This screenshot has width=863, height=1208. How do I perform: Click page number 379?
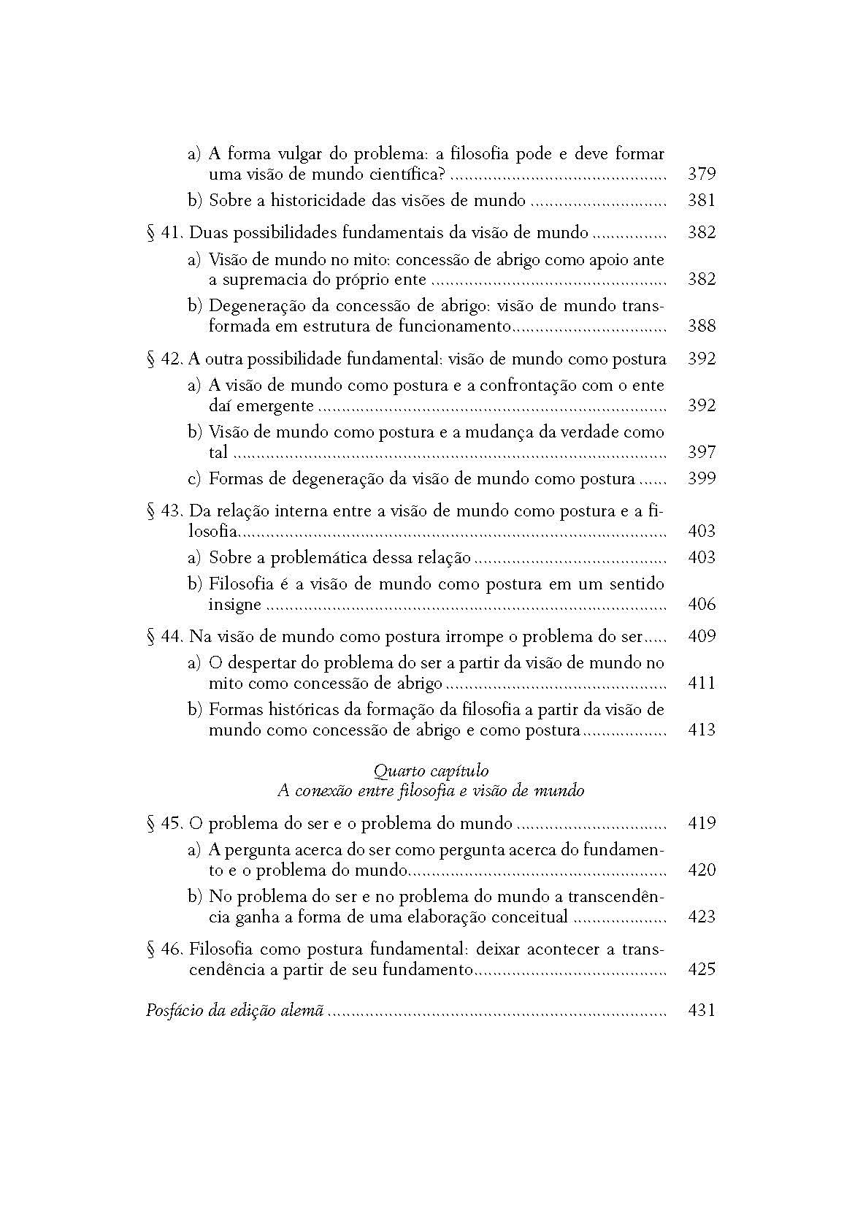701,174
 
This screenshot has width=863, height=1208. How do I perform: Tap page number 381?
701,200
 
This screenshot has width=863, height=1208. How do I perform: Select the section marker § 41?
164,233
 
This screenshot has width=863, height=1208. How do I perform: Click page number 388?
701,326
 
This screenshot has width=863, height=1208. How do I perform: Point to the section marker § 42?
164,359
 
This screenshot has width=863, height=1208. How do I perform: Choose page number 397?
701,452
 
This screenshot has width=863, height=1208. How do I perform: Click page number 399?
701,478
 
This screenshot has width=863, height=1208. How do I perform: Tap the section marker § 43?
164,511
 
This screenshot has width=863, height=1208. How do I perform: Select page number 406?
701,604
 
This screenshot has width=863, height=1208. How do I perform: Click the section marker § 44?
164,636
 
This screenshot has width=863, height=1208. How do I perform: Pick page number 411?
701,683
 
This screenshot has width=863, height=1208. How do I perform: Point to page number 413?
701,730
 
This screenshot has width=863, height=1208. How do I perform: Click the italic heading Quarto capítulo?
431,770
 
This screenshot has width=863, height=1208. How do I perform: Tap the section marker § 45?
164,823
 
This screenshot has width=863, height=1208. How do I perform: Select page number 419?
701,823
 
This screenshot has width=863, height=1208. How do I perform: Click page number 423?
701,917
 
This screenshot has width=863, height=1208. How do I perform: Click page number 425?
701,969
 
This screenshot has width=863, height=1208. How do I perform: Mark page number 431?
701,1011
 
